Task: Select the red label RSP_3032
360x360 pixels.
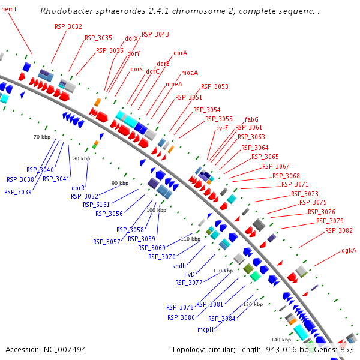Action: [68, 26]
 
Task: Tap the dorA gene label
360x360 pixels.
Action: [180, 53]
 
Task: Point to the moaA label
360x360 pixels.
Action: [190, 73]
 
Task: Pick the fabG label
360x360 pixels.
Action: [251, 119]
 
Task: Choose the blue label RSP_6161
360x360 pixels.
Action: [97, 205]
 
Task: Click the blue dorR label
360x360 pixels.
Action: [78, 188]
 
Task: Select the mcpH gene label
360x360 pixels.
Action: [206, 329]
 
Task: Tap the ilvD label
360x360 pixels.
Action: [190, 274]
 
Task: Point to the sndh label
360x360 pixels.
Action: [179, 266]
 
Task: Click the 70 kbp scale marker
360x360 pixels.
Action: [42, 137]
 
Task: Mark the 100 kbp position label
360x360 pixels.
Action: [156, 210]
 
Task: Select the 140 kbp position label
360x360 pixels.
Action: [281, 340]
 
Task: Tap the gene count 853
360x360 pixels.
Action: [346, 349]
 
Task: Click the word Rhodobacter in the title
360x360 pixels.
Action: [65, 11]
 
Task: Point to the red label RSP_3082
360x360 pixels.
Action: [339, 230]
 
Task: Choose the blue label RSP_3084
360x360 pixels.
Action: [221, 319]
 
